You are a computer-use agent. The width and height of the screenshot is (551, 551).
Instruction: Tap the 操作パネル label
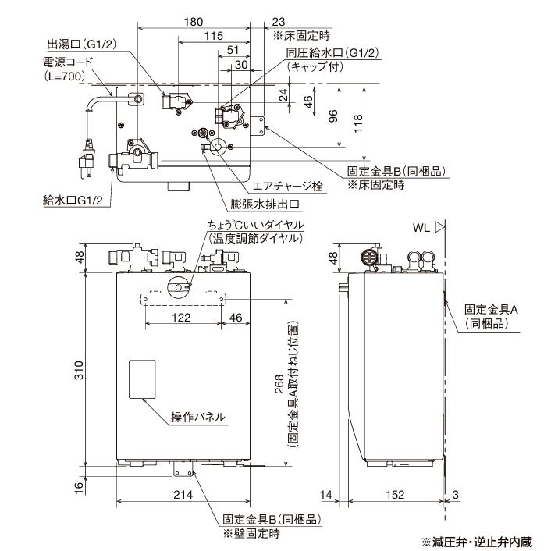[198, 417]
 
